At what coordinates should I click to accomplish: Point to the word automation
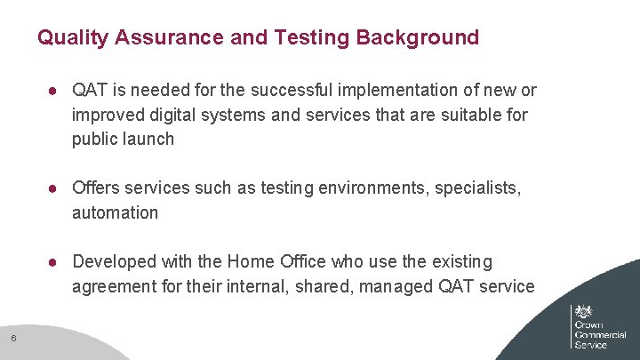(x=116, y=212)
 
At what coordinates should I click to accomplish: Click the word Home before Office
(x=252, y=261)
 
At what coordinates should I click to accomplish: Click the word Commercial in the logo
(x=601, y=334)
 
